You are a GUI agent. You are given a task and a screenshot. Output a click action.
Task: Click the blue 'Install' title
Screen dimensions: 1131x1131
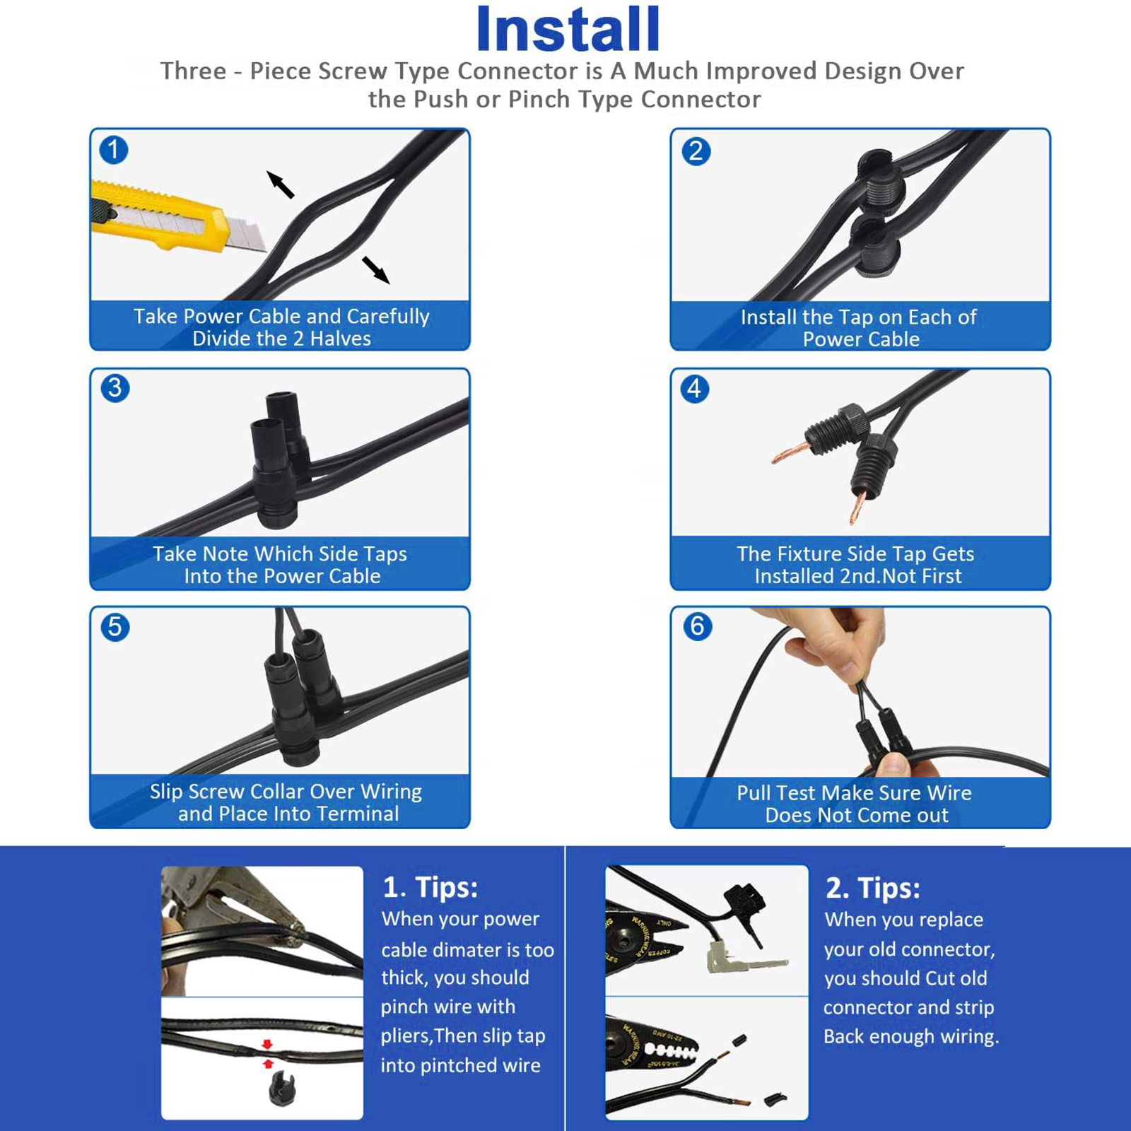coord(568,30)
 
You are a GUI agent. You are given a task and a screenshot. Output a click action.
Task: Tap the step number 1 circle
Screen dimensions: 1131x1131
coord(114,150)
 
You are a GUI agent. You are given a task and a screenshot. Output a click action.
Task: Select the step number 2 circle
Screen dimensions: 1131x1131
coord(696,151)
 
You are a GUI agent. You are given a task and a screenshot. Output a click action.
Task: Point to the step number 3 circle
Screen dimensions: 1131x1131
coord(115,388)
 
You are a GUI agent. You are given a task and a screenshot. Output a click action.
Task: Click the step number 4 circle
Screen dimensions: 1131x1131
coord(695,389)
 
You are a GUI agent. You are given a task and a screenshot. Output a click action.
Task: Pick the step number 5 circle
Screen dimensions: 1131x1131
coord(115,627)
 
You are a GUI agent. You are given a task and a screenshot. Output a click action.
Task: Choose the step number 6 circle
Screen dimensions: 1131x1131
coord(698,626)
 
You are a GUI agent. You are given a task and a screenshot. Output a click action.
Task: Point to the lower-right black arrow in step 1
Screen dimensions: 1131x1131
coord(376,270)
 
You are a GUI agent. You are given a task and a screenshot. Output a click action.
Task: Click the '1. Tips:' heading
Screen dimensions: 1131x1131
coord(430,887)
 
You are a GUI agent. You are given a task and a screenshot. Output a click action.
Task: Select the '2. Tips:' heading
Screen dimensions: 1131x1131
coord(873,888)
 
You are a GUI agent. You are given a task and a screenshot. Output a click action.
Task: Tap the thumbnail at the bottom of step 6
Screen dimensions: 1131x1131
coord(894,765)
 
